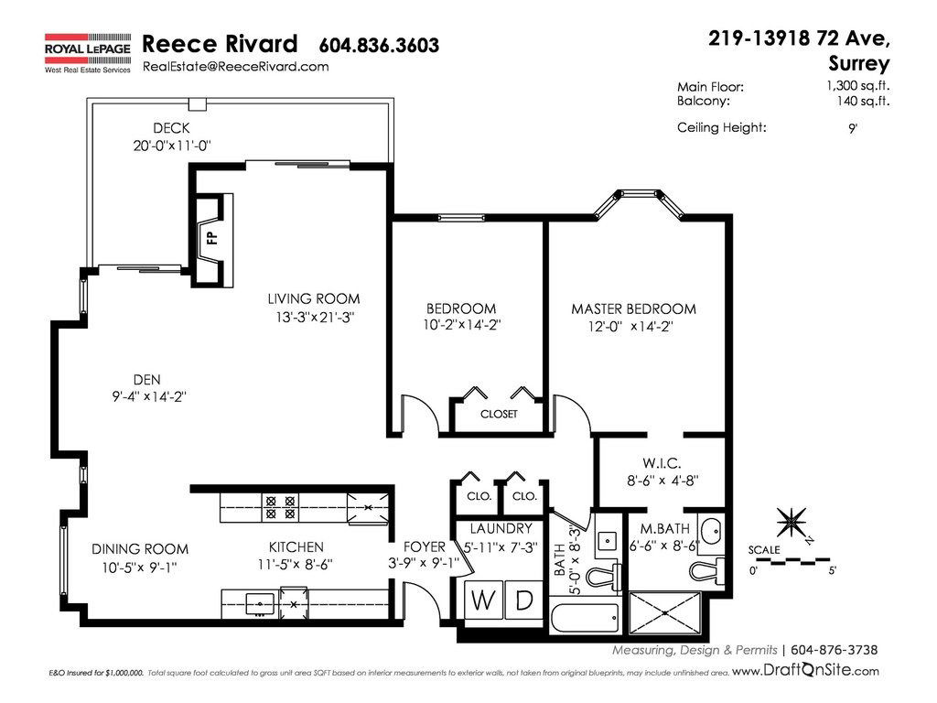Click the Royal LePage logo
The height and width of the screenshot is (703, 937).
88,53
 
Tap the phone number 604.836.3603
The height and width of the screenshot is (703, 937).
379,46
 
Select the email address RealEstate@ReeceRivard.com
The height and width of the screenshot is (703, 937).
235,66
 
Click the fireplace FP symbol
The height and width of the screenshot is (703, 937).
211,238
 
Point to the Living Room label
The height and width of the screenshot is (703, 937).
314,299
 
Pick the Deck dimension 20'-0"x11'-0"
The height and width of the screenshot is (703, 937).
172,146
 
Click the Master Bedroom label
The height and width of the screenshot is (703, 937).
633,309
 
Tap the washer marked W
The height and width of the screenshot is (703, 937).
483,600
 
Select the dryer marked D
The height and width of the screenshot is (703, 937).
524,600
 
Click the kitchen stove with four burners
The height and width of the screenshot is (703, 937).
280,507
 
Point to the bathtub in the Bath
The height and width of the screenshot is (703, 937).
585,618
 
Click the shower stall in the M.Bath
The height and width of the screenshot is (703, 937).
665,612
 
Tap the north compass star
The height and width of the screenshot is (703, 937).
792,523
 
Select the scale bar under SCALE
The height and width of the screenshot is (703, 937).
790,561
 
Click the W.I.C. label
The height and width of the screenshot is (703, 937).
662,463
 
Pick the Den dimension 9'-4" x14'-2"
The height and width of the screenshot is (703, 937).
149,396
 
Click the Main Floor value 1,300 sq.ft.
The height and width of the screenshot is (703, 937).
857,85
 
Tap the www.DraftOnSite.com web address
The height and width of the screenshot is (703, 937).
805,671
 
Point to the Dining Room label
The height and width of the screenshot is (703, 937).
140,549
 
